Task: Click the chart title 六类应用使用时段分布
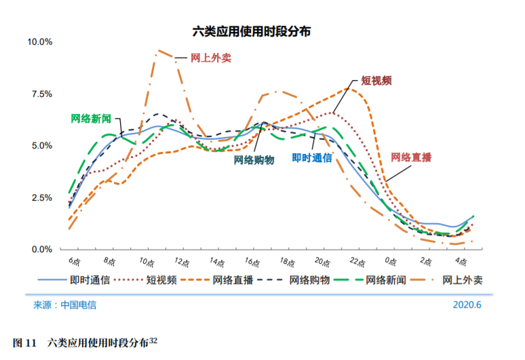pyautogui.click(x=251, y=31)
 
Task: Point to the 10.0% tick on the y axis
pyautogui.click(x=39, y=42)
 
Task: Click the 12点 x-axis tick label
pyautogui.click(x=180, y=262)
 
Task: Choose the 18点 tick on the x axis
pyautogui.click(x=287, y=262)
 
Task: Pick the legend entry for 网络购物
pyautogui.click(x=309, y=279)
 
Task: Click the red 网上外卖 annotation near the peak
pyautogui.click(x=211, y=58)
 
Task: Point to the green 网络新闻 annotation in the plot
pyautogui.click(x=92, y=118)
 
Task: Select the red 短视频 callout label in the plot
pyautogui.click(x=376, y=80)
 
